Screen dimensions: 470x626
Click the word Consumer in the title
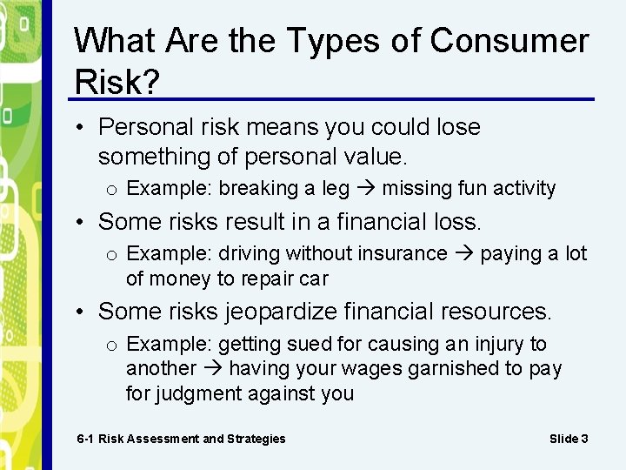(509, 41)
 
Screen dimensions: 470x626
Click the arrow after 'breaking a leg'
(365, 189)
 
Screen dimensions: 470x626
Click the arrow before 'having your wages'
(212, 369)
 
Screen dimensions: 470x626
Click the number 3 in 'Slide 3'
(584, 439)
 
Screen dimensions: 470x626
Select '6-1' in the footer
(85, 439)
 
